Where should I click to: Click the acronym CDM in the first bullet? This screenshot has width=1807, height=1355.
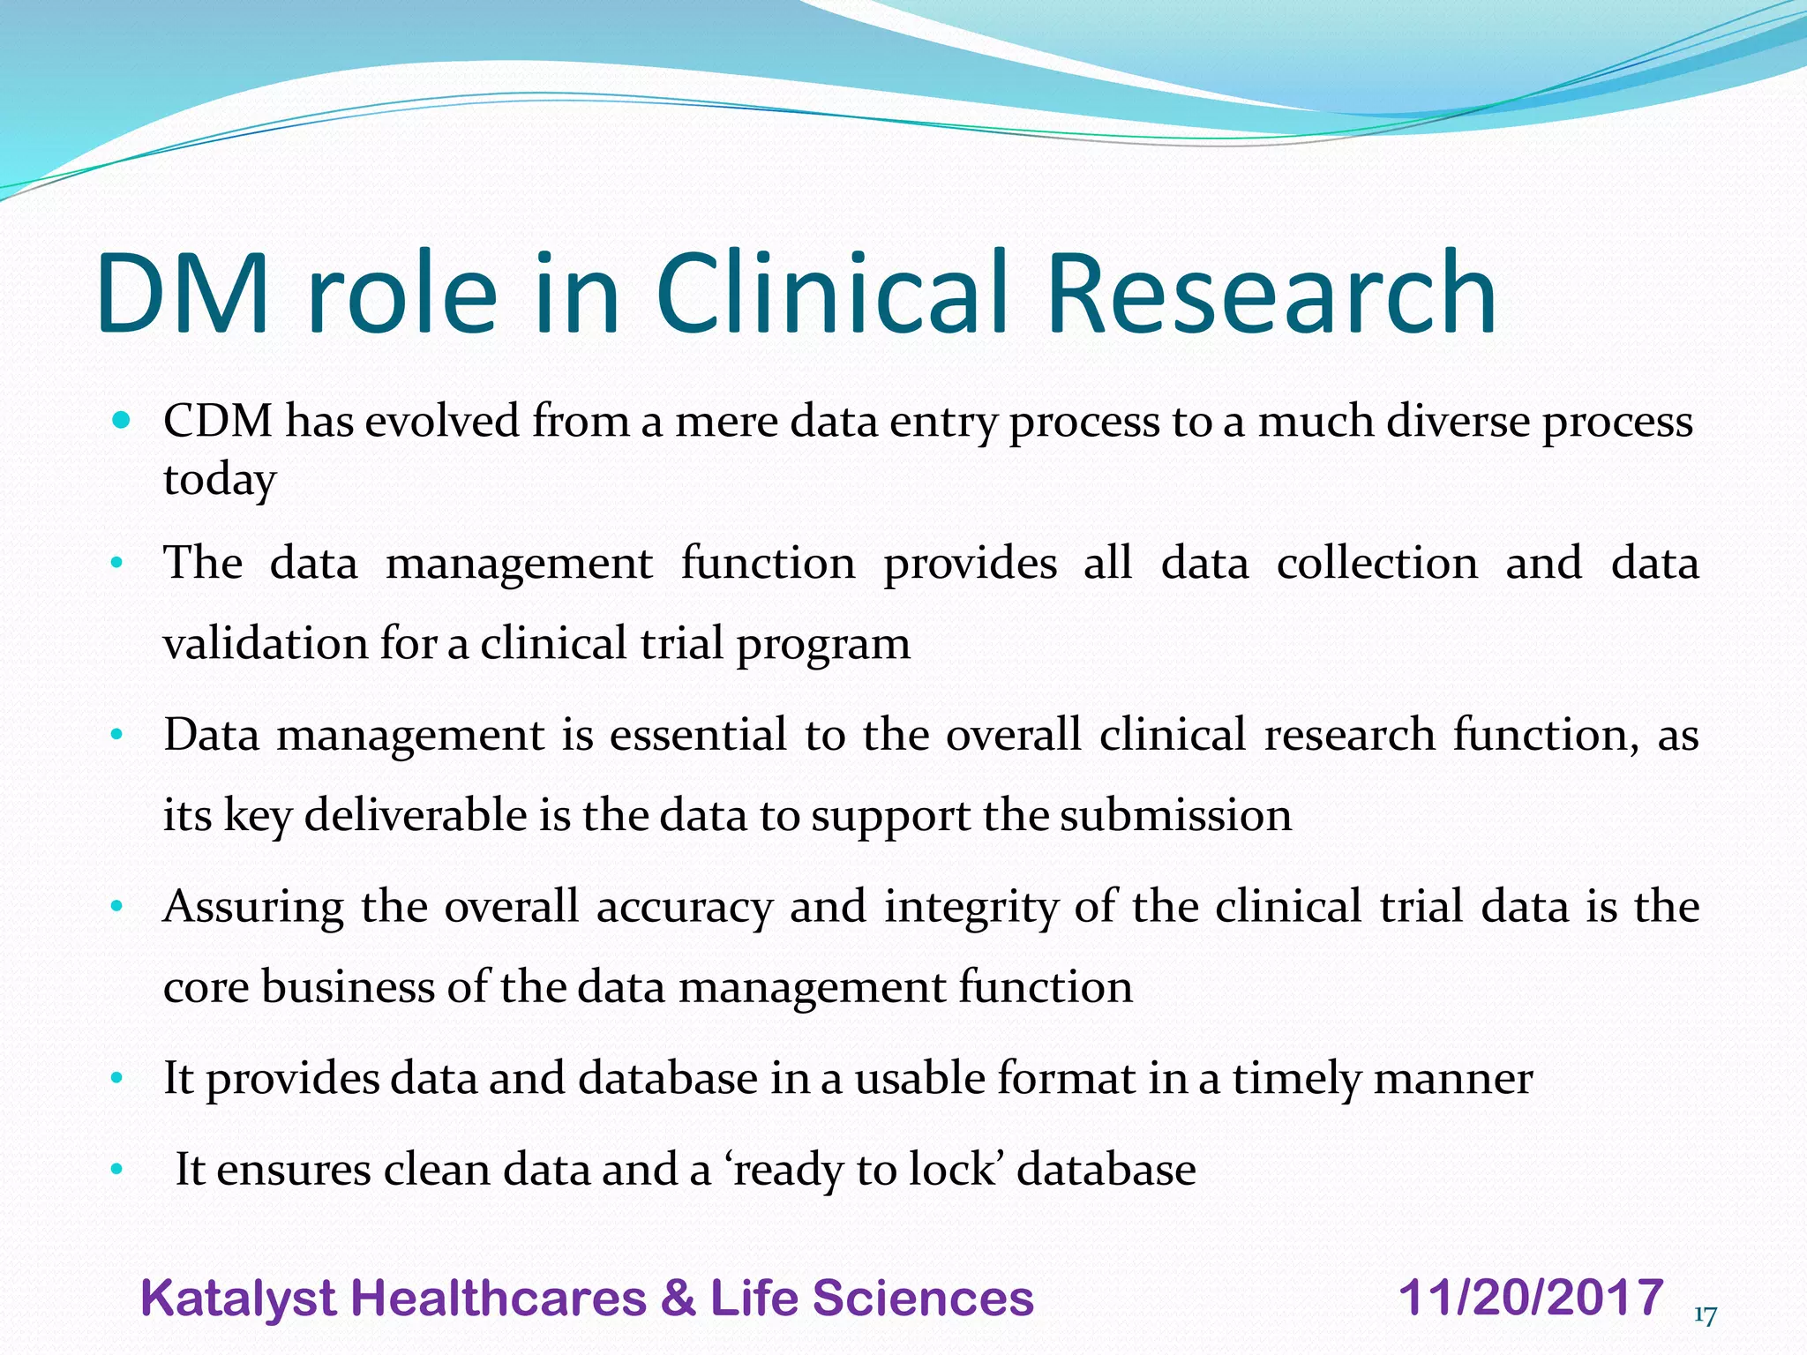(x=218, y=421)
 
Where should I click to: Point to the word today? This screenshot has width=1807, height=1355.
(x=220, y=481)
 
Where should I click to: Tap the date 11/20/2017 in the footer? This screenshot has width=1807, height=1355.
(x=1531, y=1299)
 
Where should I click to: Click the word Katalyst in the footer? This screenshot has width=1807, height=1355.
(x=237, y=1299)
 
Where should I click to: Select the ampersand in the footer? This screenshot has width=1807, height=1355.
(x=677, y=1299)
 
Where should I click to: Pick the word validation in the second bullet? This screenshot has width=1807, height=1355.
(x=265, y=643)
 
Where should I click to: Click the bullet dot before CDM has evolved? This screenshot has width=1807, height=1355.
(x=122, y=420)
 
